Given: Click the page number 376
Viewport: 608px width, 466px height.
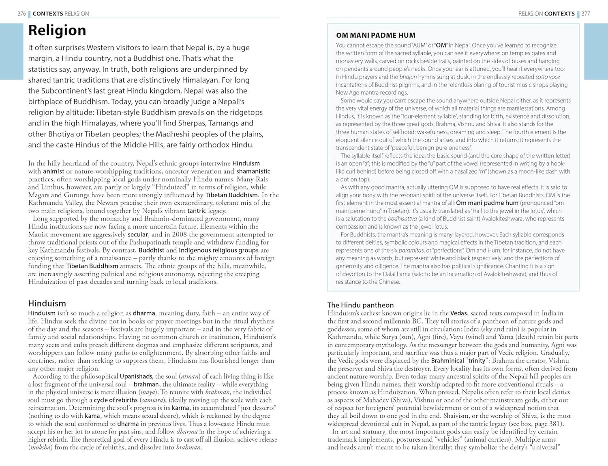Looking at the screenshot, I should pos(22,14).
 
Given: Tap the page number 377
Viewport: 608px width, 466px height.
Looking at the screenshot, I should pos(586,14).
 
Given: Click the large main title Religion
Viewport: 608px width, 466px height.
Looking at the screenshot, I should pos(57,30).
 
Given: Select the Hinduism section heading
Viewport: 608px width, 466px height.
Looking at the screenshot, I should pos(47,303).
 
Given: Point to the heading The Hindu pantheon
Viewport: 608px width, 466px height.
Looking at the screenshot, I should pos(360,305).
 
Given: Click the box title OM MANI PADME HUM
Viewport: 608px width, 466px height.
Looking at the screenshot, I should pos(376,35).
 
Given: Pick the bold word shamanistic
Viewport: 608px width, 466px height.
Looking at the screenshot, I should pos(253,171).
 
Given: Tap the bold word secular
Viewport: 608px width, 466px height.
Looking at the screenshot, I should pos(138,234).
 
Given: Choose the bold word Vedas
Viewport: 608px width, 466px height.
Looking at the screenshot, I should pos(459,313).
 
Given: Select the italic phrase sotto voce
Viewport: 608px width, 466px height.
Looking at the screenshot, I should pos(548,77).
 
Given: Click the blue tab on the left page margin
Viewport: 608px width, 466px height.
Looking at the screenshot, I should pos(11,51).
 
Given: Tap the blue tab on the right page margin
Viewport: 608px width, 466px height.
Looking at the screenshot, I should pos(596,51).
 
